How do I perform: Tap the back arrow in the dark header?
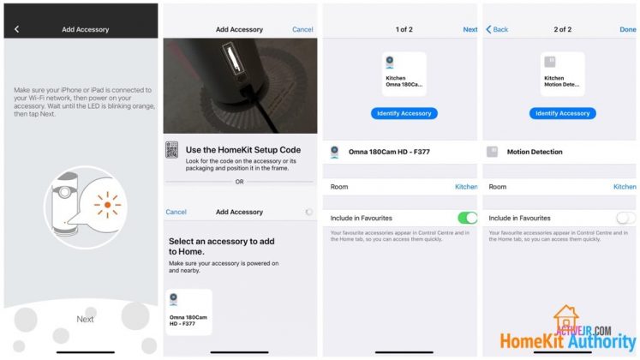16,29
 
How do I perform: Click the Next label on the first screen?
85,319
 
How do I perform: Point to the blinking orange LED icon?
107,205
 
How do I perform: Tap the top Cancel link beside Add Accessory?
302,29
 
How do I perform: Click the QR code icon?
172,151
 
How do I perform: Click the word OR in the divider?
239,181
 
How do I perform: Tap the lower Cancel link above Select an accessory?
176,212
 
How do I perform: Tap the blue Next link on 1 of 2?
470,29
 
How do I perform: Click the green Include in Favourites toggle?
467,218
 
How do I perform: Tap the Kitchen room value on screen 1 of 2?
466,186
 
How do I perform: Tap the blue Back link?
497,29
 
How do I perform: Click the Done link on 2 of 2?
627,29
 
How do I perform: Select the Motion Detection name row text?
535,152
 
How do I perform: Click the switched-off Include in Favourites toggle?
626,218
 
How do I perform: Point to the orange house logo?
566,319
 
